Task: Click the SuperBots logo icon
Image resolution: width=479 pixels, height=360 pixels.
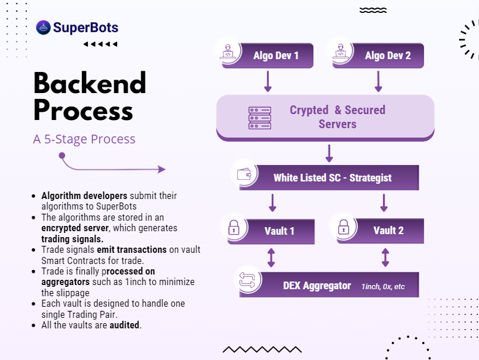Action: coord(43,28)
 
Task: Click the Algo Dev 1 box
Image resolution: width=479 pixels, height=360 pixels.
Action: coord(267,55)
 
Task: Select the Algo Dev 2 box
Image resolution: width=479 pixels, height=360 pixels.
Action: coord(378,55)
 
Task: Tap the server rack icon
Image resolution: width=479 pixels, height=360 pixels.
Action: coord(259,118)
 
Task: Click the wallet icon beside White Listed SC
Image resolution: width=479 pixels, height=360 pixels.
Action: coord(244,174)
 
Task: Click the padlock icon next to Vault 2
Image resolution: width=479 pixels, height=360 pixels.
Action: coord(344,227)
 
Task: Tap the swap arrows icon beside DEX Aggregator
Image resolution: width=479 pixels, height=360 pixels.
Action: coord(247,280)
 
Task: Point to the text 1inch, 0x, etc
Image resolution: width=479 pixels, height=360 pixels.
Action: coord(383,286)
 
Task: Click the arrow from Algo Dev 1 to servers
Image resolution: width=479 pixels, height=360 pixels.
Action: coord(268,81)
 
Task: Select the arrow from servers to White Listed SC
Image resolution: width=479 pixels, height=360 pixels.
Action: coord(329,153)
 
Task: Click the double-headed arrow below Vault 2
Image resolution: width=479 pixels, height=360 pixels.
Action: coord(385,258)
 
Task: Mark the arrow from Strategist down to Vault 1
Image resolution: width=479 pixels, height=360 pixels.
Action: coord(272,203)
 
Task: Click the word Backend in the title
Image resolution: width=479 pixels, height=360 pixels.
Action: coord(90,83)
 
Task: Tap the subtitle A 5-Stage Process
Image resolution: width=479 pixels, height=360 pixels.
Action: coord(84,139)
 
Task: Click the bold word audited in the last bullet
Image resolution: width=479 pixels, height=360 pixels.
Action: coord(124,325)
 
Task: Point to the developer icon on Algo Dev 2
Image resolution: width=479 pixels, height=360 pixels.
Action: coord(341,51)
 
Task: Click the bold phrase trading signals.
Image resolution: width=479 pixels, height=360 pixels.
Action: coord(72,239)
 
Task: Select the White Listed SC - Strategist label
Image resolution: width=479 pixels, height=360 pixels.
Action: coord(333,178)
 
